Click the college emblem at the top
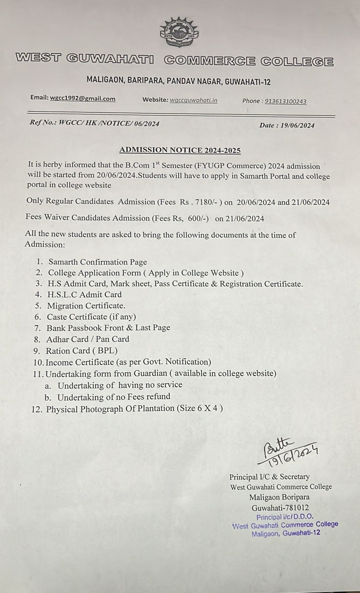point(179,32)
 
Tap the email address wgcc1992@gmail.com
point(83,99)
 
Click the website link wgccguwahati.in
point(193,100)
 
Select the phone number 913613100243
point(286,101)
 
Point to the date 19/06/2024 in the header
point(297,125)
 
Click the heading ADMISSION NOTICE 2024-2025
point(180,150)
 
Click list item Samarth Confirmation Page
point(97,262)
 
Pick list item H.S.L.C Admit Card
point(84,295)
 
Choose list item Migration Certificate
point(86,306)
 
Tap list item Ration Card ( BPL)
point(81,351)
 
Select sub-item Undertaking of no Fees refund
point(114,397)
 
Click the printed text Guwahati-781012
point(280,508)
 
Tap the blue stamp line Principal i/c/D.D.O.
point(285,517)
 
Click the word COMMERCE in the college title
point(210,61)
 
